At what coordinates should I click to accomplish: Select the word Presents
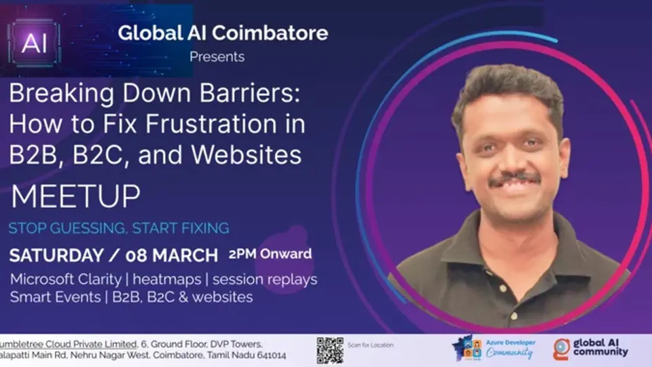point(217,56)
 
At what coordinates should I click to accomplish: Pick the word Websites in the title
point(246,156)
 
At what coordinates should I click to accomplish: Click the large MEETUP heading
point(76,196)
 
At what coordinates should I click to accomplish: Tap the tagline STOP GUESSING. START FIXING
point(118,228)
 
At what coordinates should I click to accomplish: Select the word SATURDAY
point(55,256)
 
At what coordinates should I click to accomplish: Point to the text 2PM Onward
point(270,254)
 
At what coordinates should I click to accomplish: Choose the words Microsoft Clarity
point(68,279)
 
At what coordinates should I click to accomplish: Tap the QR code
point(329,350)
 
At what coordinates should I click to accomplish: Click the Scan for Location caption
point(370,345)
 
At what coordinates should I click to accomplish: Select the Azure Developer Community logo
point(494,349)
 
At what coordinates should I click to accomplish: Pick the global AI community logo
point(590,349)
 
